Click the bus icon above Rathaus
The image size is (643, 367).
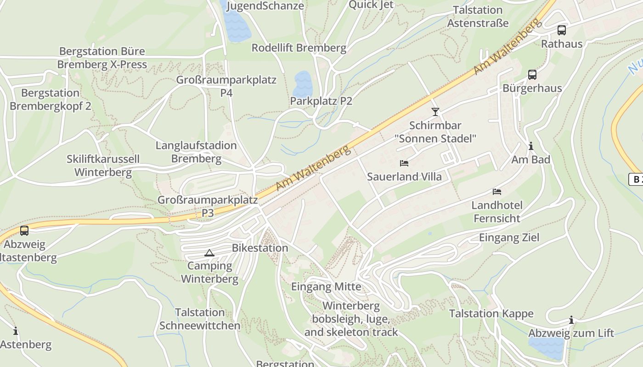coord(561,30)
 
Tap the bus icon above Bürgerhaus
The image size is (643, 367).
coord(532,74)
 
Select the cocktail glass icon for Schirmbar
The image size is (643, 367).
coord(435,111)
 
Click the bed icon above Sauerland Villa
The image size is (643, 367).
coord(404,163)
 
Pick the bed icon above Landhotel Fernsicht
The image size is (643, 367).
coord(497,191)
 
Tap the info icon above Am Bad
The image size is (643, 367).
coord(531,146)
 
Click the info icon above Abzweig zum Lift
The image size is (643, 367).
coord(571,320)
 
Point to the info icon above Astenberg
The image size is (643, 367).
coord(16,331)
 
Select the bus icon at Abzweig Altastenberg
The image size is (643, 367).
coord(24,231)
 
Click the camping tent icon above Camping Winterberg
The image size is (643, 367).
coord(209,253)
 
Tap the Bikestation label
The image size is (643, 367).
coord(260,248)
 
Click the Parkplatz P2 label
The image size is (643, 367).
coord(321,101)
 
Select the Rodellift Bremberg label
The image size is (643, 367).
coord(299,48)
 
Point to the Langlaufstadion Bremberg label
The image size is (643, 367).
coord(196,152)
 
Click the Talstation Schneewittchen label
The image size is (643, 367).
coord(200,319)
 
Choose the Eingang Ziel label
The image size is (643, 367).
coord(509,238)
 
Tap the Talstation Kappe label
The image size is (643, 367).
coord(491,314)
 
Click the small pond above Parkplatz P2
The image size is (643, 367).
coord(303,83)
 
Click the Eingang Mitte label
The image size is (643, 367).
coord(326,287)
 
